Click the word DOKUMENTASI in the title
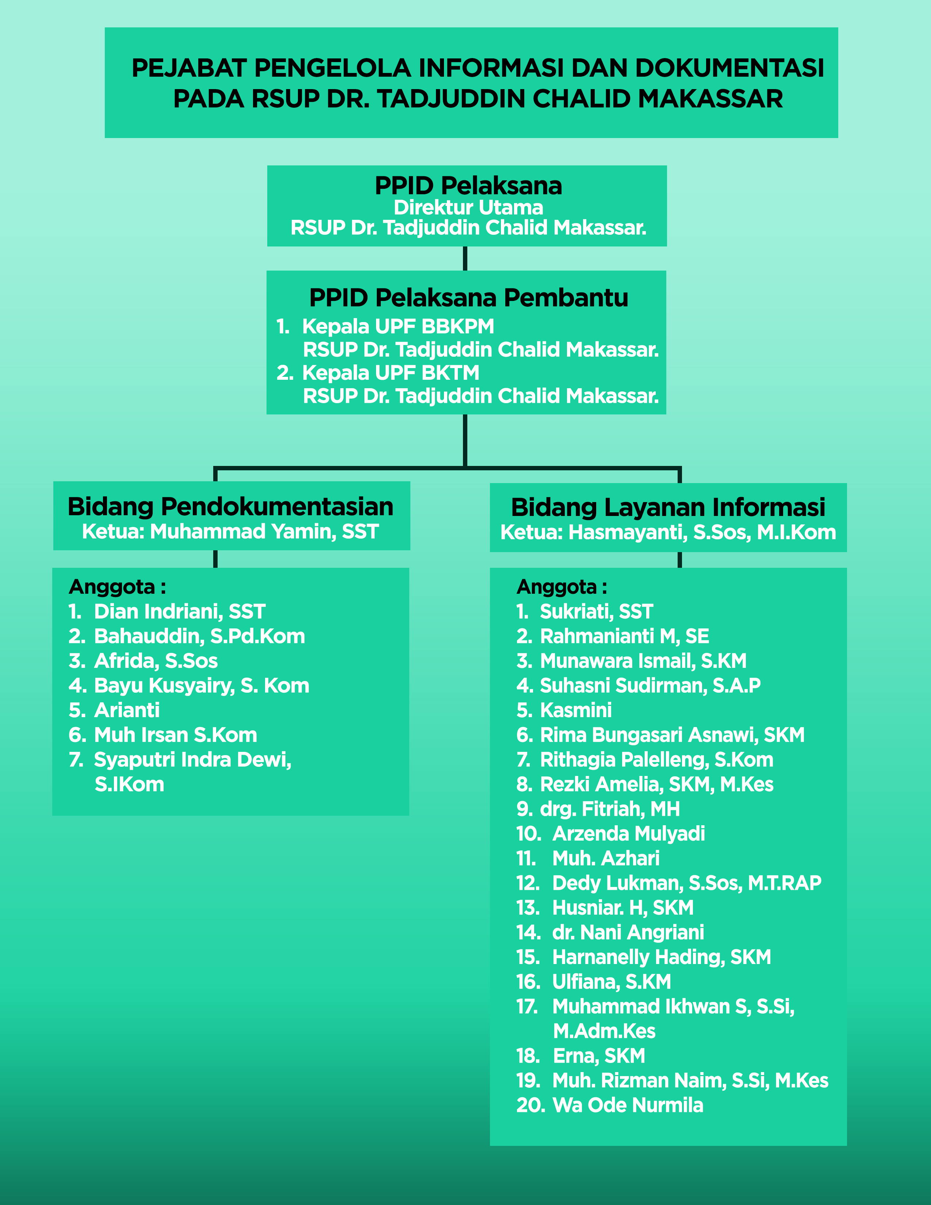[x=730, y=68]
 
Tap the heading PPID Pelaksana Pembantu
[x=469, y=298]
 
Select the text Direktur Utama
[x=468, y=207]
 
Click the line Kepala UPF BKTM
[x=391, y=372]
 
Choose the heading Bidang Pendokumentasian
[x=230, y=506]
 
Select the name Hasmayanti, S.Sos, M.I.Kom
[x=702, y=532]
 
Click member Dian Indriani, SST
[x=180, y=611]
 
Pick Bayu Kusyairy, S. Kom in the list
[x=202, y=685]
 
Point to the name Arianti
[x=127, y=710]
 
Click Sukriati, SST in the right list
[x=596, y=611]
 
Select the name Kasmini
[x=576, y=710]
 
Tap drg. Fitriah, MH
[x=610, y=809]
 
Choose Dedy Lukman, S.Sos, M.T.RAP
[x=687, y=883]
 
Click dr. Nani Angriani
[x=628, y=933]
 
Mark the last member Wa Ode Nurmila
[x=628, y=1105]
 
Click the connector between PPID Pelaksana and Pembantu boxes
[x=465, y=258]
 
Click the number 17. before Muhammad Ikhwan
[x=527, y=1006]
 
